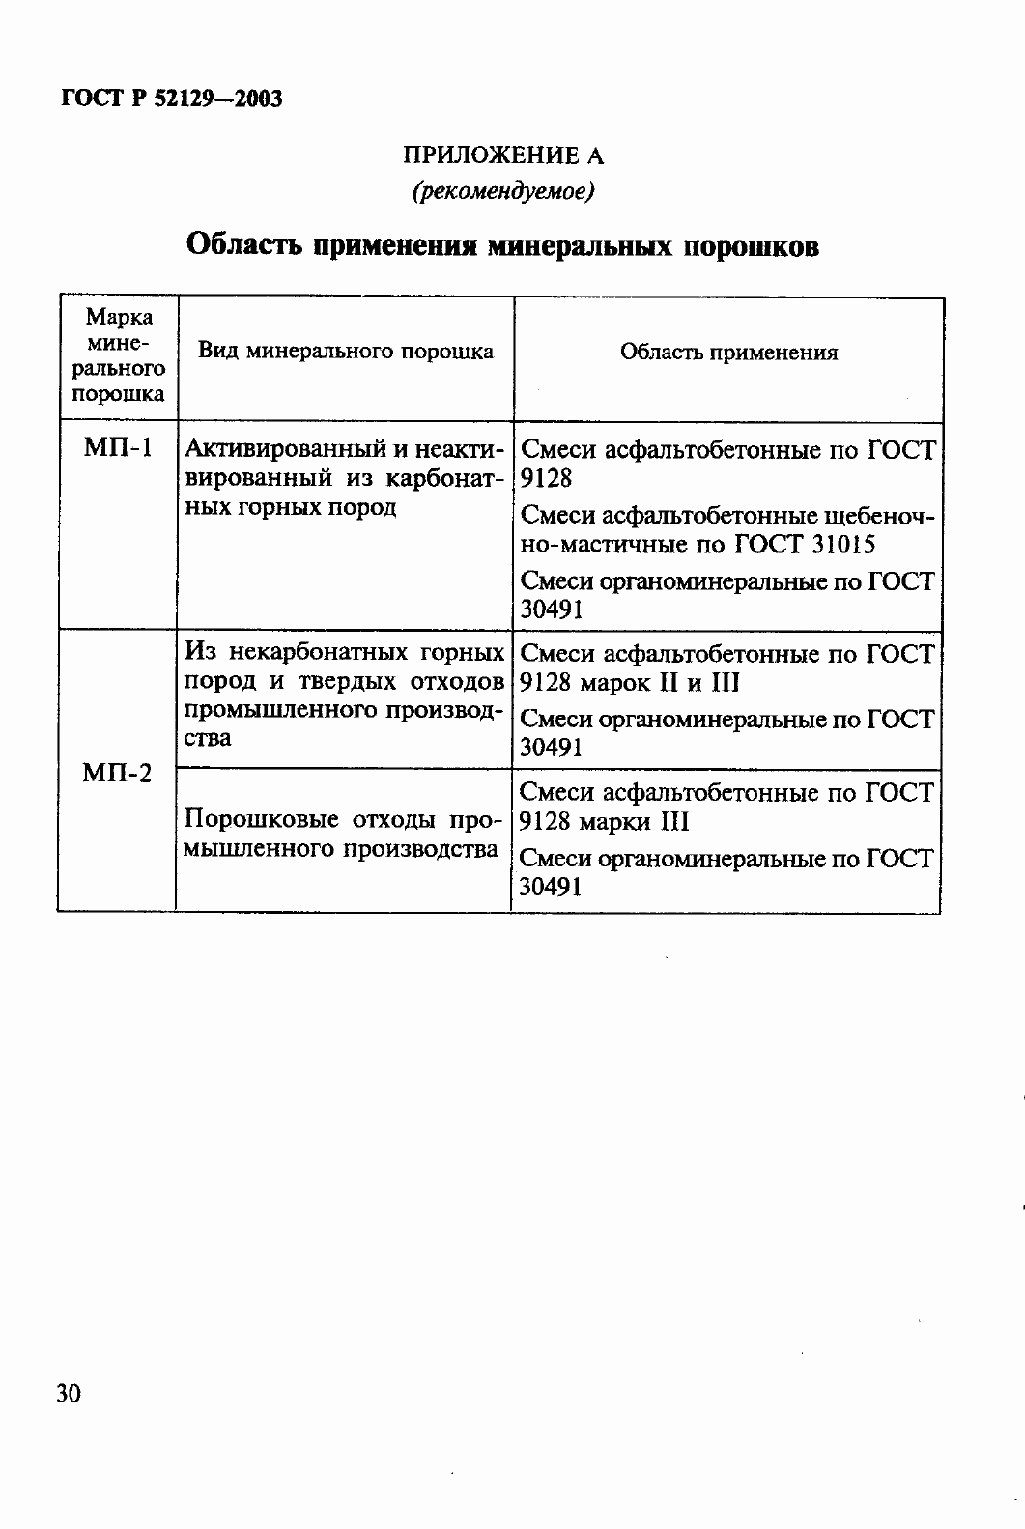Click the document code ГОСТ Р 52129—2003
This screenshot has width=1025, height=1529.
(x=172, y=99)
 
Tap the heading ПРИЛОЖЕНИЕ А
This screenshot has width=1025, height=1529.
(x=502, y=156)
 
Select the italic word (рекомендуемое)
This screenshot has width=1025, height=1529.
(x=502, y=191)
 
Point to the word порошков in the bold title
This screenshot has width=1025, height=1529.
(x=751, y=246)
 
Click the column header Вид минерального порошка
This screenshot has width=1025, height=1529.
(x=345, y=352)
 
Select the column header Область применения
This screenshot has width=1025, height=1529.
(x=728, y=353)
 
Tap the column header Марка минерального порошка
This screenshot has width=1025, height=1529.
(x=119, y=355)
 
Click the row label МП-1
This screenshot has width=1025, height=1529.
(x=118, y=449)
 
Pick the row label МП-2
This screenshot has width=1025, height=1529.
(x=117, y=774)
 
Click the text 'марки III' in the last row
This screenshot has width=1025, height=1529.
(x=634, y=822)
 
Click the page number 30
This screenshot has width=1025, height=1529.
(x=69, y=1394)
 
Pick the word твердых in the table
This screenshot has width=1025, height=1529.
(x=343, y=682)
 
